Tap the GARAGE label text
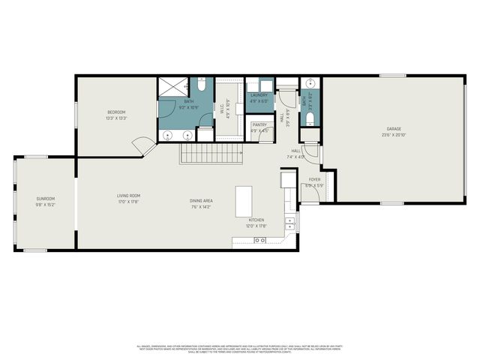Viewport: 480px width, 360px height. pos(394,128)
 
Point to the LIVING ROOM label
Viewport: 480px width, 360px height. pos(128,196)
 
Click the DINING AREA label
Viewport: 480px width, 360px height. pos(201,200)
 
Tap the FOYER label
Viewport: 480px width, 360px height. pos(314,180)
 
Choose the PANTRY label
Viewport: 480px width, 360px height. pos(259,125)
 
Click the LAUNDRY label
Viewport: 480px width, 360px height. pos(259,95)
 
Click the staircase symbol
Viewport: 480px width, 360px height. pos(211,154)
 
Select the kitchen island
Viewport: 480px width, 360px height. pos(244,201)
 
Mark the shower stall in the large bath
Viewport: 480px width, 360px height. pos(172,88)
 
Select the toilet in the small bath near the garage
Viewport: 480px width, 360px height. pos(309,118)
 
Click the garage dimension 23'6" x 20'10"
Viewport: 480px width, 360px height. pos(394,135)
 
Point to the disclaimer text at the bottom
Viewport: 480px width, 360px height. pos(240,348)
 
